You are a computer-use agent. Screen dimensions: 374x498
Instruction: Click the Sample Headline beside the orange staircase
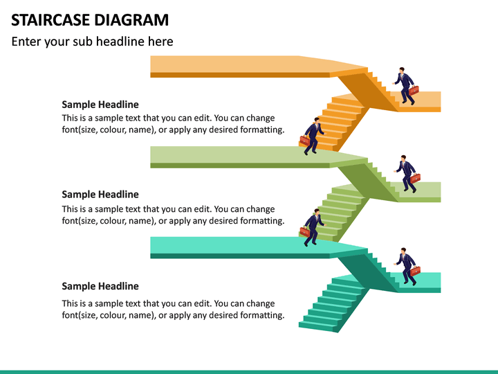[100, 105]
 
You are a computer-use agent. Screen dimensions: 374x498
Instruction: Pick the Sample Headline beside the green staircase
[100, 195]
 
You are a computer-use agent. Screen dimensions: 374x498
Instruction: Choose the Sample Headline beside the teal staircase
[100, 286]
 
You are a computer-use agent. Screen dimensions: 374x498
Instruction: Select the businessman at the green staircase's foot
[313, 226]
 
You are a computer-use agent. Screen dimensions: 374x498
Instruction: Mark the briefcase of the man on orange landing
[414, 90]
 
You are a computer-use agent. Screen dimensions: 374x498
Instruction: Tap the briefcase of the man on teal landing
[415, 271]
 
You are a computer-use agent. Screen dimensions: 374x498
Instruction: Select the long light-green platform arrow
[235, 155]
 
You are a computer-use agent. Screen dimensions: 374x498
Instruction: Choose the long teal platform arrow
[235, 246]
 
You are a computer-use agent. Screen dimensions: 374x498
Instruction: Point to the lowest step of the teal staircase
[318, 324]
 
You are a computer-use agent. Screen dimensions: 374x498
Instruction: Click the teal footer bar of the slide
[249, 371]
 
